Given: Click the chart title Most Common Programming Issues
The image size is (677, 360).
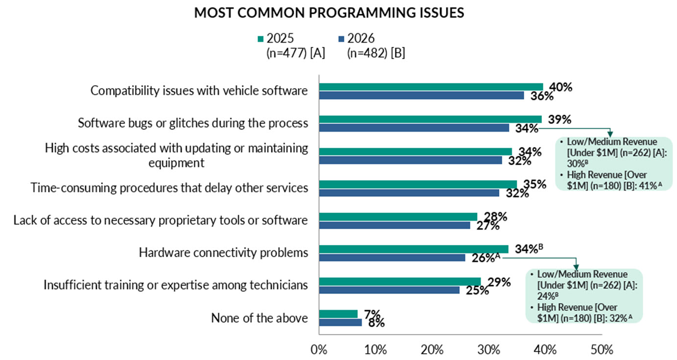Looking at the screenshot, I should click(x=329, y=13).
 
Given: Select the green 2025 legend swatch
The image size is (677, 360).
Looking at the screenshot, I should click(x=261, y=39).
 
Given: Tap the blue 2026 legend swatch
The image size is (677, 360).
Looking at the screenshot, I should click(x=341, y=39).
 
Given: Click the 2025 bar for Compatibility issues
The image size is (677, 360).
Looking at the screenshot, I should click(x=431, y=87).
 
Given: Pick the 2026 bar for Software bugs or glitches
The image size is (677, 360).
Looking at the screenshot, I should click(x=414, y=128).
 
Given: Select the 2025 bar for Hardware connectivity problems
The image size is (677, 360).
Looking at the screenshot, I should click(x=414, y=249).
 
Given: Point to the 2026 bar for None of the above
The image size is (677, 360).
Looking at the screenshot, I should click(x=340, y=322).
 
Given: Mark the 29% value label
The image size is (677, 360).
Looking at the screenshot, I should click(x=499, y=282).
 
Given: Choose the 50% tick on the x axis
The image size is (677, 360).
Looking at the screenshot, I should click(x=602, y=350).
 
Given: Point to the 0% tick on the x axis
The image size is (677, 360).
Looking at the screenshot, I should click(x=319, y=350).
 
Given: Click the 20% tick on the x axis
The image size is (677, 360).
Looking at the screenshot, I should click(x=432, y=350).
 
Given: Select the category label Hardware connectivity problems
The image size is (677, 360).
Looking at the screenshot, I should click(x=223, y=253).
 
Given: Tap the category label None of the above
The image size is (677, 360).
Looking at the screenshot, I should click(x=259, y=318).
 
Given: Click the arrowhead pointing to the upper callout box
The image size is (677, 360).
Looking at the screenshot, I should click(x=610, y=134).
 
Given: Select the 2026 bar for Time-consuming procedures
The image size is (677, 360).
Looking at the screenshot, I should click(x=409, y=193).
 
